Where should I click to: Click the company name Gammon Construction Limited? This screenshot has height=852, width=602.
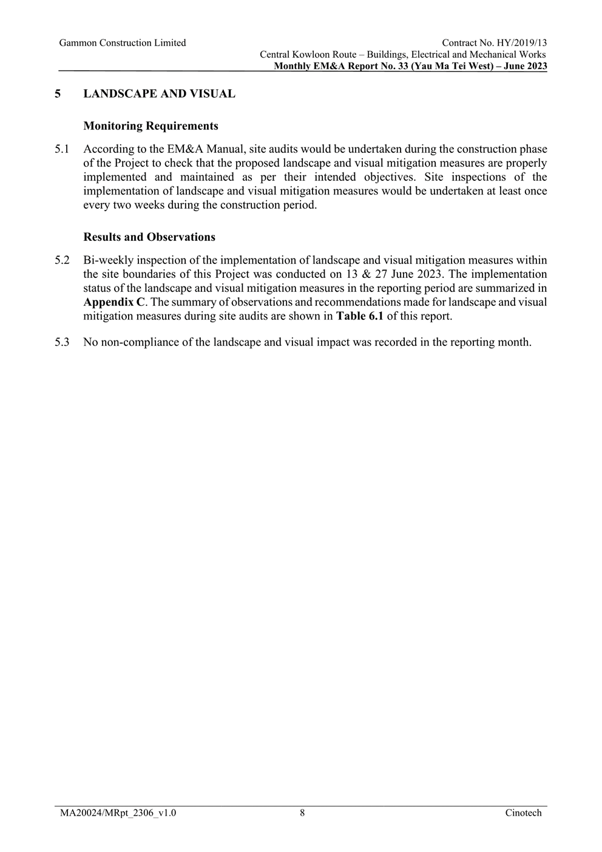coord(123,43)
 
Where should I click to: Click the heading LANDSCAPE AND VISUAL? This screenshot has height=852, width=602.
coord(159,94)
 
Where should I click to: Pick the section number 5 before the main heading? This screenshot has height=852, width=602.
coord(58,94)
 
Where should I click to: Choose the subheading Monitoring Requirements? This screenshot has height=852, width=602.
coord(150,126)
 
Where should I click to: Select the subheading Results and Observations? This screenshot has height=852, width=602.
coord(149,237)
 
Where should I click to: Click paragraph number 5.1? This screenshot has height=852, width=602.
coord(62,149)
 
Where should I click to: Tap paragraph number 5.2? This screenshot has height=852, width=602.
coord(62,260)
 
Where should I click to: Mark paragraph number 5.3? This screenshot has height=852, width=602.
coord(62,342)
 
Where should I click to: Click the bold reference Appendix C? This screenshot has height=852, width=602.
coord(114,302)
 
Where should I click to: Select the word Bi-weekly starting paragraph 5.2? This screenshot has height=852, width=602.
coord(105,260)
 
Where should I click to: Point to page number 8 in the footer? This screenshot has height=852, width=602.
coord(302,813)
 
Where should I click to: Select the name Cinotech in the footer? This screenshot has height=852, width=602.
coord(523,813)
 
